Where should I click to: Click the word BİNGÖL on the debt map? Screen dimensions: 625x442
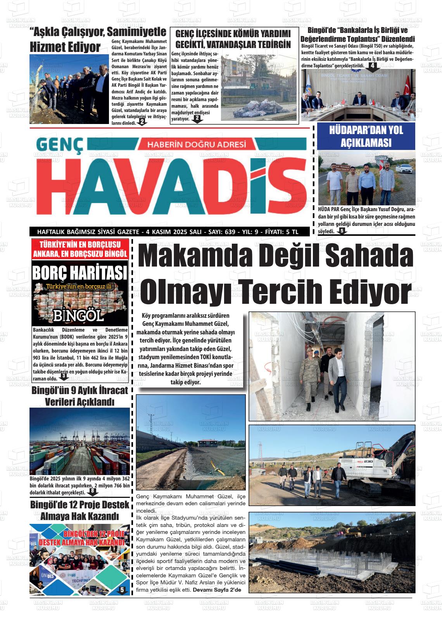79,315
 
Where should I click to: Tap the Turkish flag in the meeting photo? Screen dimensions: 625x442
407,86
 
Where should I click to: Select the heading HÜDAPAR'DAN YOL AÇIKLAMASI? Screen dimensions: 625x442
366,136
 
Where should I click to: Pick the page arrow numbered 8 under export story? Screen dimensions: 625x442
93,492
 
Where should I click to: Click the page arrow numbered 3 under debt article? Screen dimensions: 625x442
63,376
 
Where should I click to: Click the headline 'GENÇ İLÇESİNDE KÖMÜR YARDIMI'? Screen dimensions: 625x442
233,34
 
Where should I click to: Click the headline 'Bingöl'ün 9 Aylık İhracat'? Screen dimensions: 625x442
79,390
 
